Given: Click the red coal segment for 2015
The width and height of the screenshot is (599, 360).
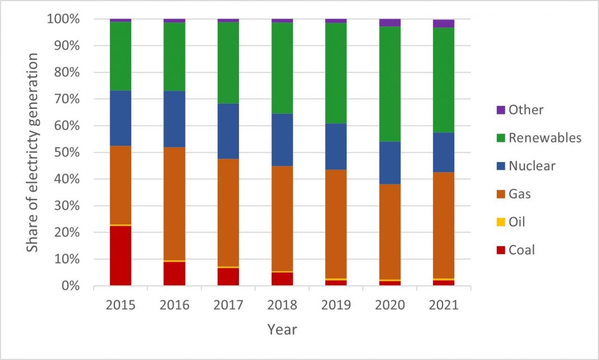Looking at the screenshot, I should point(121,256).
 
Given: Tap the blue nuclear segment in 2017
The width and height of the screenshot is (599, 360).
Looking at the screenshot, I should point(228,131).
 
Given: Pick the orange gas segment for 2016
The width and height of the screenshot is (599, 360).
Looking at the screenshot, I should point(174,204).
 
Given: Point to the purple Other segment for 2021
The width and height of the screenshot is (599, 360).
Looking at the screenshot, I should point(444,24).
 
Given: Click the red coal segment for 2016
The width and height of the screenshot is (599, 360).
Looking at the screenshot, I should point(174,274).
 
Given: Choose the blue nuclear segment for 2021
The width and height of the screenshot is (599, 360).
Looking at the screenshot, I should point(444,152).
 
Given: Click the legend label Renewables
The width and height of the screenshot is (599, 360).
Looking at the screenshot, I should point(545,138).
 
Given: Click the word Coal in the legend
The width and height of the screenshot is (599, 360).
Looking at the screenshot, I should point(522,250).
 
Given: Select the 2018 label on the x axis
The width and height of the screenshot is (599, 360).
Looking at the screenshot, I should point(282,305).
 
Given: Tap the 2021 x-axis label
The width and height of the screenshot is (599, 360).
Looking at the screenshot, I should point(444,305).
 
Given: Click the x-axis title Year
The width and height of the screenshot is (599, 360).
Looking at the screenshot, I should point(282,329).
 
